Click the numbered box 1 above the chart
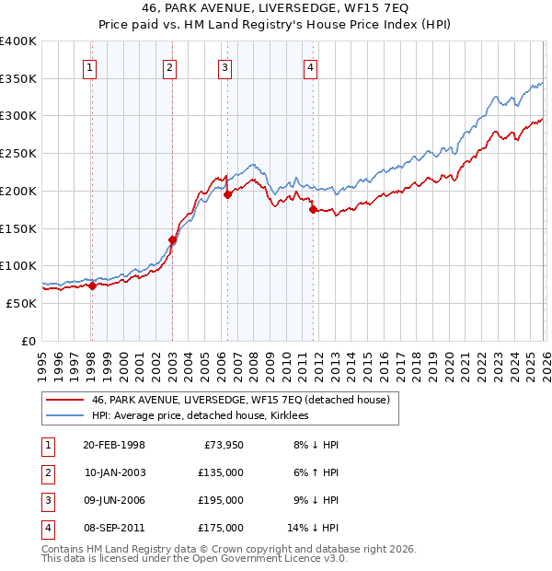[x=90, y=65]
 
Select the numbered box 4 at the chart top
[x=311, y=65]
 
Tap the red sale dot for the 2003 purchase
[x=172, y=239]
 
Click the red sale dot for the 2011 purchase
[x=313, y=209]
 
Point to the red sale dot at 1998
[x=92, y=285]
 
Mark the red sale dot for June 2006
[x=227, y=194]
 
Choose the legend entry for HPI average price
[x=200, y=415]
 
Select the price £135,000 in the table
[x=223, y=472]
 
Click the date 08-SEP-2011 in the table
[x=113, y=528]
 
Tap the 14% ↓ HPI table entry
[x=313, y=528]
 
